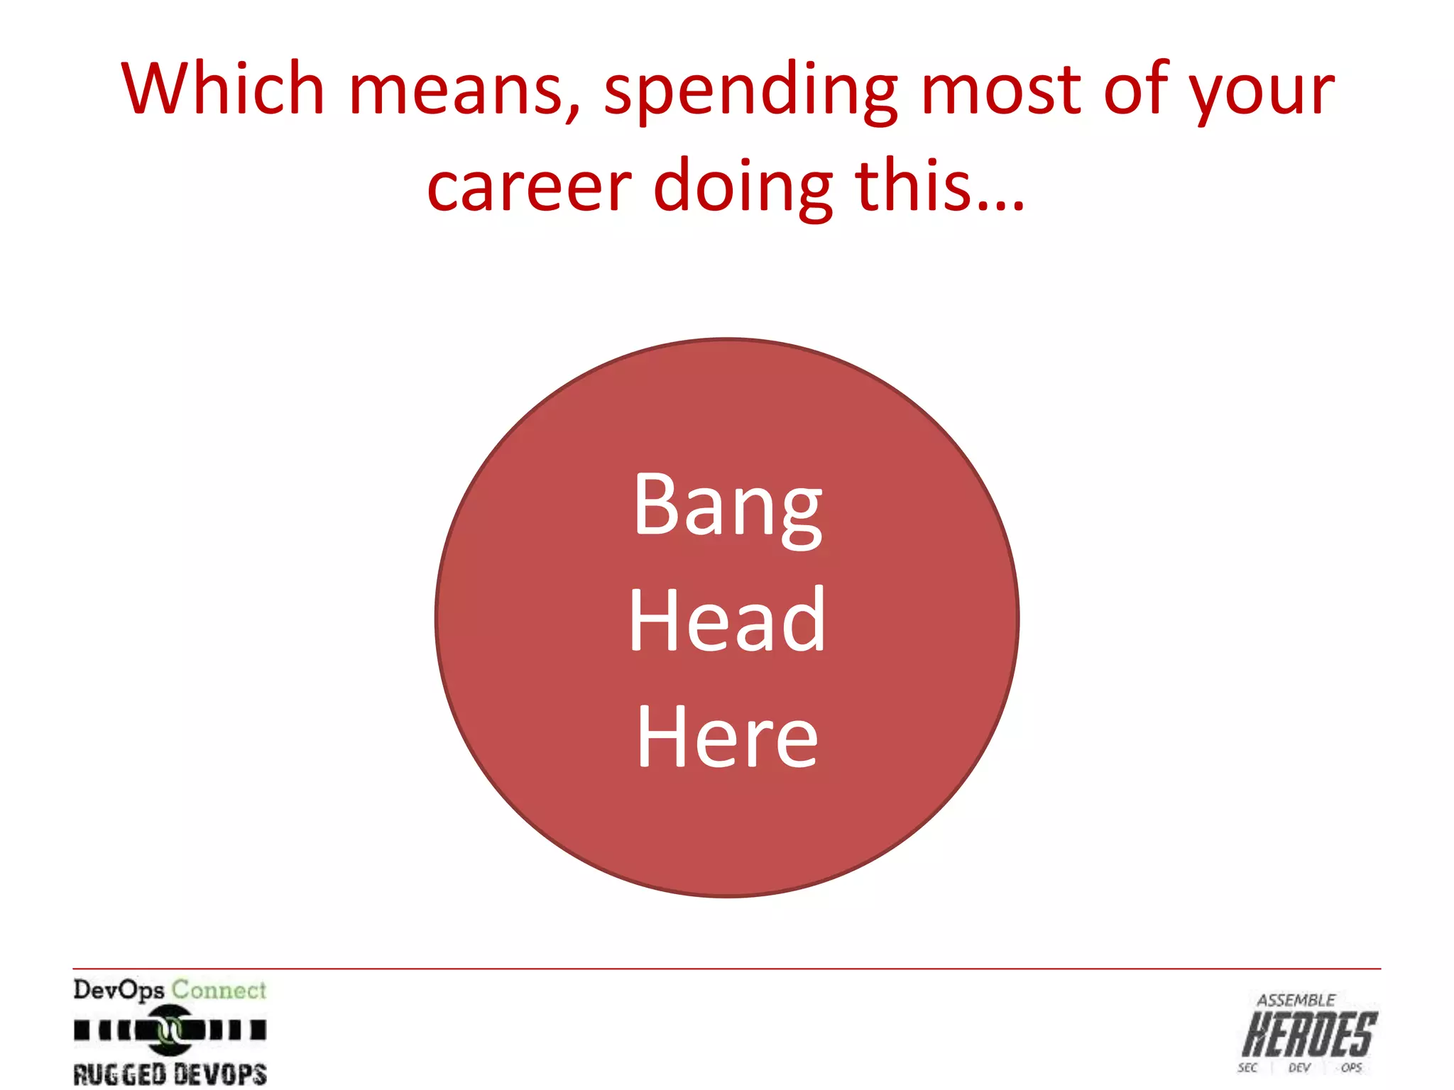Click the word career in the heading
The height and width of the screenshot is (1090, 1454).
[x=529, y=187]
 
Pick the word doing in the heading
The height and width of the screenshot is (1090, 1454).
[x=743, y=187]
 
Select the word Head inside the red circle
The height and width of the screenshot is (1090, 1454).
[x=728, y=620]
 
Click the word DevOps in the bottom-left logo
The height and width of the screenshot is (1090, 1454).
[x=119, y=990]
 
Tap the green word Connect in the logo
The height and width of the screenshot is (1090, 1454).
[x=219, y=989]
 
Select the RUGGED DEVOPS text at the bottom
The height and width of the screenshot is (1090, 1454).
[x=170, y=1074]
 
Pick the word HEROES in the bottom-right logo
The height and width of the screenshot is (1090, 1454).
[x=1310, y=1035]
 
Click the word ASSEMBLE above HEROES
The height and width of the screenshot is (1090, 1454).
[x=1296, y=1001]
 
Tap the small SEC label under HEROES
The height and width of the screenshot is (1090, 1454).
[x=1247, y=1068]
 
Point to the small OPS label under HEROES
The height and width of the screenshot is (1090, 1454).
[x=1352, y=1068]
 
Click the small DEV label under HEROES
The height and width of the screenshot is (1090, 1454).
[x=1299, y=1068]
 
